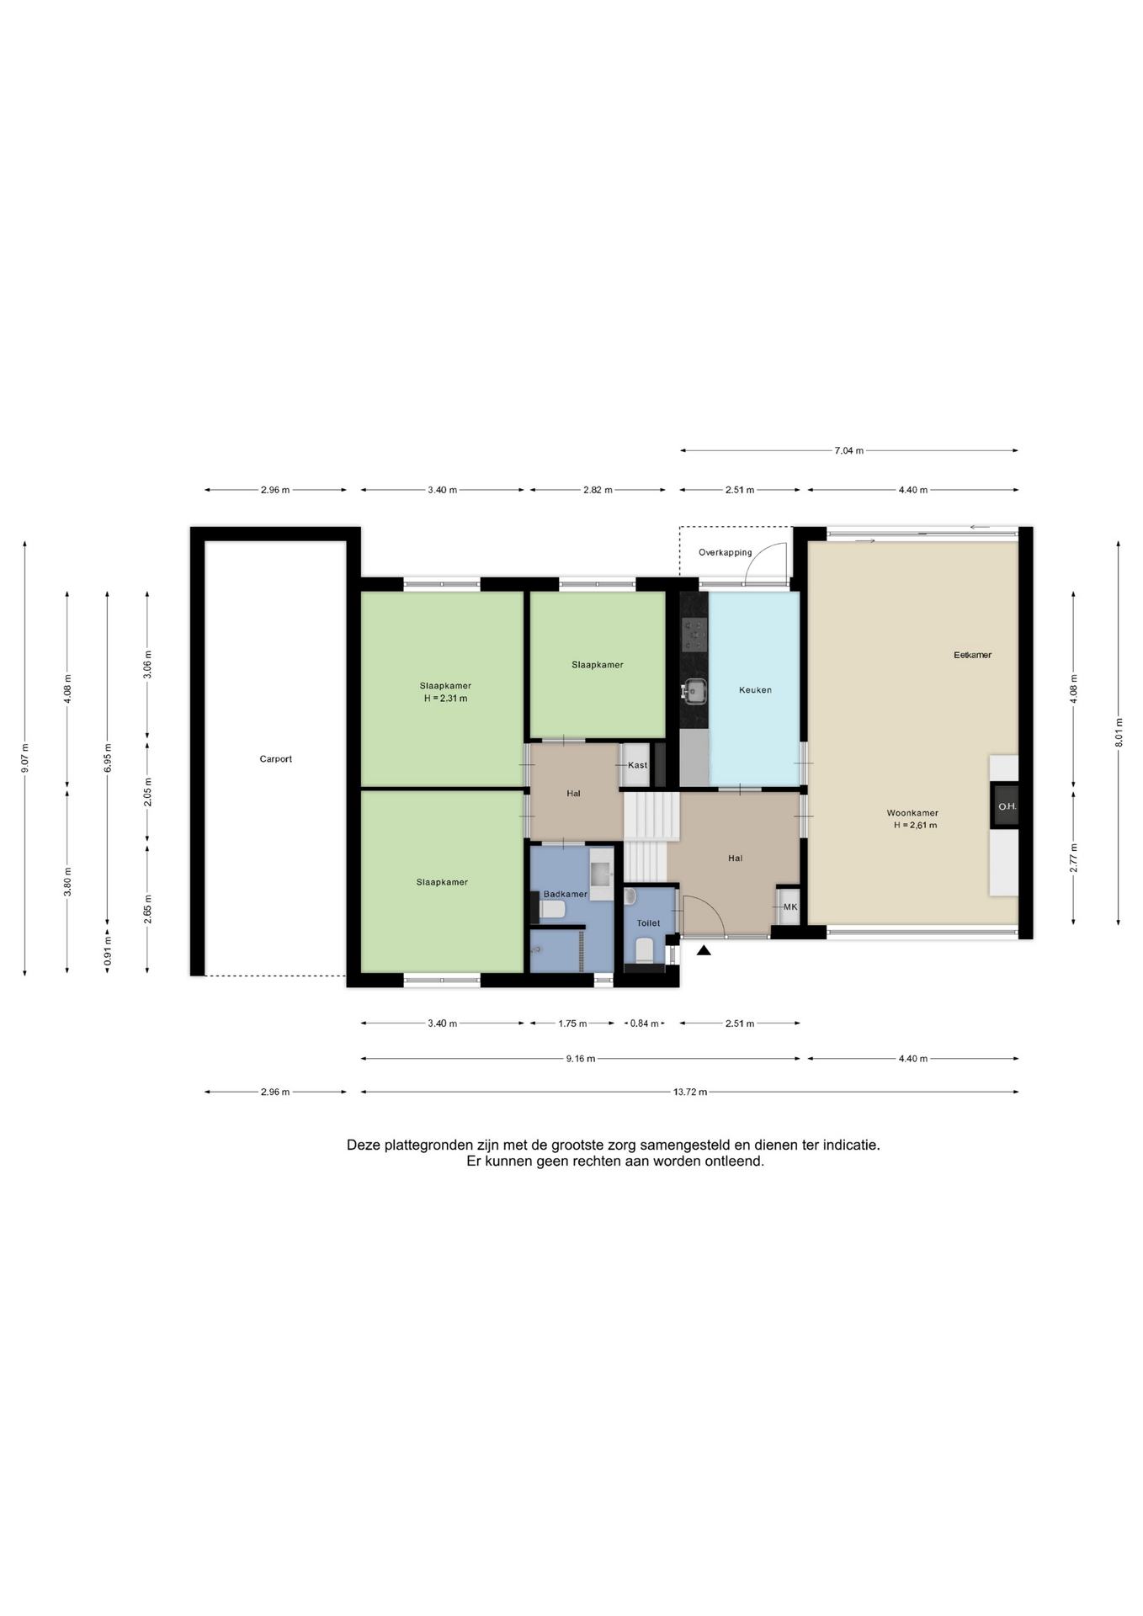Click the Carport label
pos(275,759)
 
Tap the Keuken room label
pos(755,690)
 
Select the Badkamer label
pos(565,894)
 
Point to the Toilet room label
pos(648,923)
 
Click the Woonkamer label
pos(912,813)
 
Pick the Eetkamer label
pos(972,655)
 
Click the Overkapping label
pos(725,553)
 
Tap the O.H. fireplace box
pos(1007,806)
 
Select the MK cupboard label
pos(790,907)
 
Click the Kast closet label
pos(637,765)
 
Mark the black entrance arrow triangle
pos(704,951)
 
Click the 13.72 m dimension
pos(690,1092)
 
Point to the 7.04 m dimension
pos(849,451)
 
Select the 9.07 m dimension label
pos(25,759)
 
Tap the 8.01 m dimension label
pos(1119,732)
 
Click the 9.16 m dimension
pos(581,1059)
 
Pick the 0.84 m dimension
pos(644,1023)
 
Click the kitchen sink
pos(694,691)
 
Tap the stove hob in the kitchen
pos(694,635)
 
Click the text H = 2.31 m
pos(445,699)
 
